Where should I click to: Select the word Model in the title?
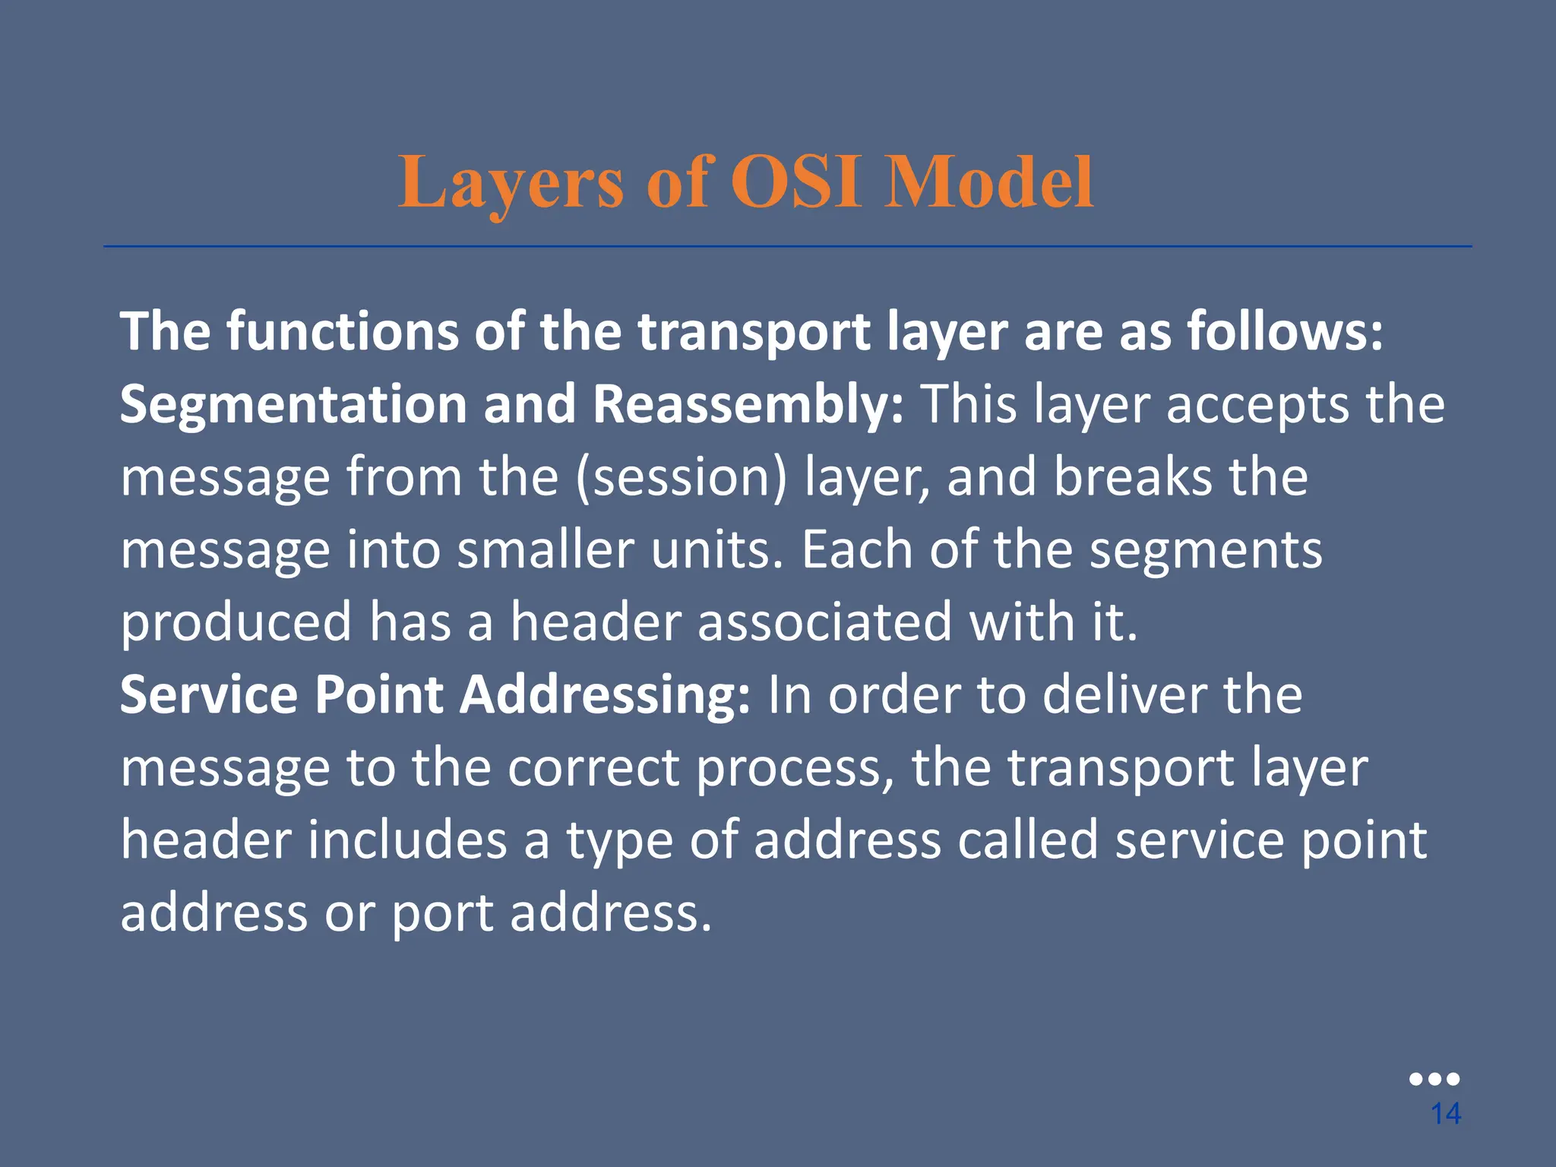988,183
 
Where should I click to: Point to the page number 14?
1445,1114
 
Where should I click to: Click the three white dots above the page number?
1434,1079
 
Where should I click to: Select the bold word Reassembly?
748,404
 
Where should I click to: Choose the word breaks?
1132,477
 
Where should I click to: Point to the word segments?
1206,549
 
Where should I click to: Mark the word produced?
236,622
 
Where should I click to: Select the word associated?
824,622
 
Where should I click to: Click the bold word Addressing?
606,694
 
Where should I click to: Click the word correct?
593,767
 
